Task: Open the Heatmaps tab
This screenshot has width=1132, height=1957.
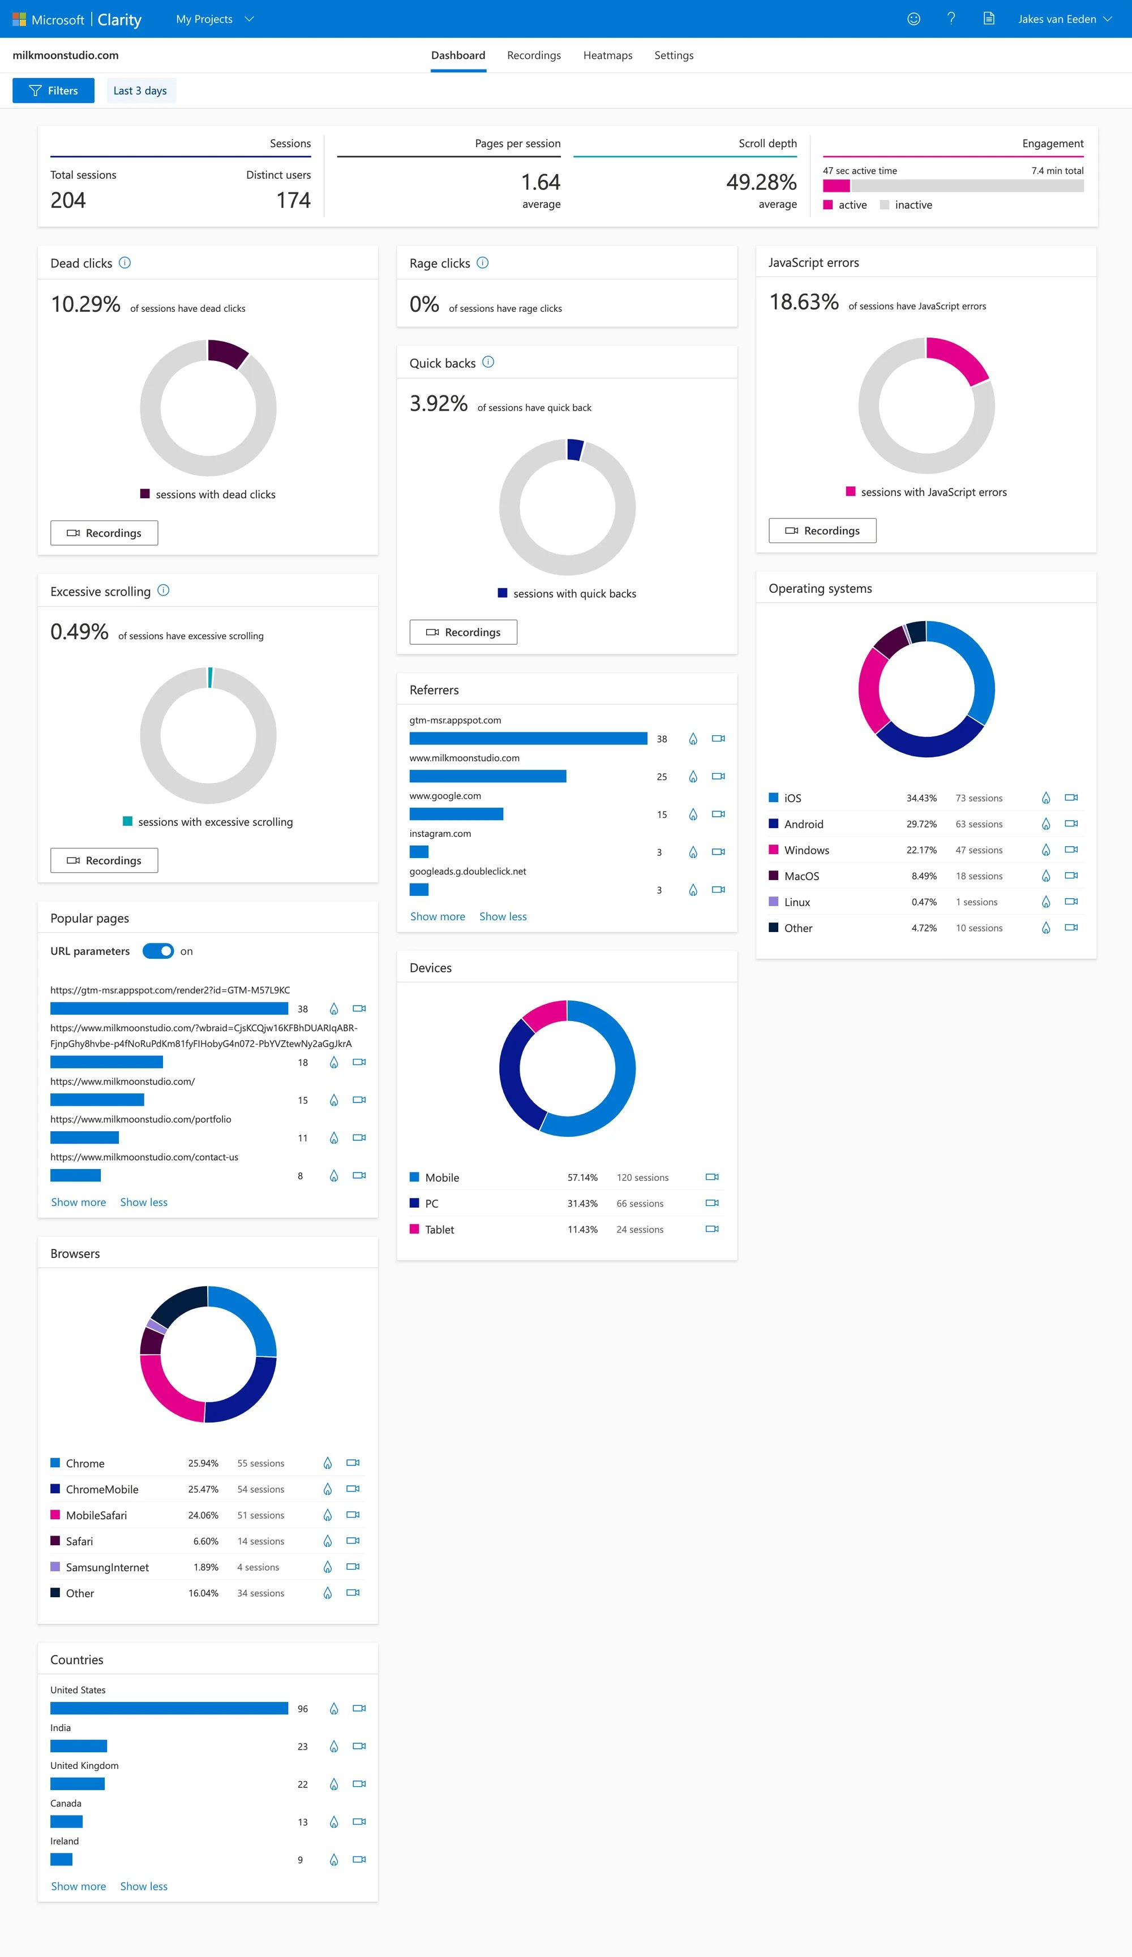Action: click(607, 55)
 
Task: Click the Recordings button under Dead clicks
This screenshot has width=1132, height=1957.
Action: click(104, 533)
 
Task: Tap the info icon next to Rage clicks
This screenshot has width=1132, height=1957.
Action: click(482, 262)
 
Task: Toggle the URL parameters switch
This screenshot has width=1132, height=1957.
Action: click(158, 951)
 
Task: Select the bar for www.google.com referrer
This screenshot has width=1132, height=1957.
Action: click(456, 814)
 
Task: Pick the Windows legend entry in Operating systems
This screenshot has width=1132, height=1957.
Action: click(805, 850)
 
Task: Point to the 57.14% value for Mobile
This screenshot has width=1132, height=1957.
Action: click(582, 1177)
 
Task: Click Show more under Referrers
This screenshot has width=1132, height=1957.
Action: click(438, 916)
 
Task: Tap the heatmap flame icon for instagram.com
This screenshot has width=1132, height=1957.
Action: click(692, 852)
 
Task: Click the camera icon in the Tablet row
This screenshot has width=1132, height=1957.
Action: click(711, 1229)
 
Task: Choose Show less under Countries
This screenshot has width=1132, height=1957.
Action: click(144, 1886)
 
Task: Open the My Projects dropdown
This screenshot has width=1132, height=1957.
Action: click(215, 19)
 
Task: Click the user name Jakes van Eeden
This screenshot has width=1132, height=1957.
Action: click(1057, 19)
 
